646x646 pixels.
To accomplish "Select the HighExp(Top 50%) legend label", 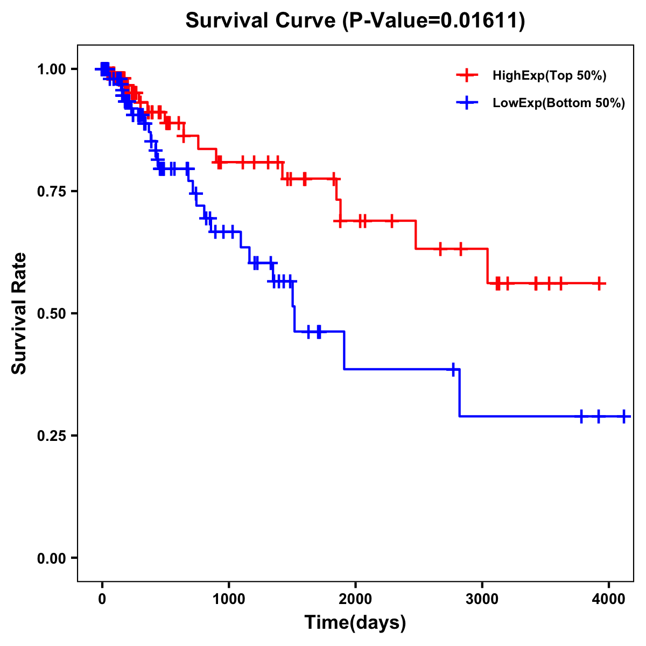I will [549, 76].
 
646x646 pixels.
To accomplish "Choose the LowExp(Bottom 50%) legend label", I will [558, 103].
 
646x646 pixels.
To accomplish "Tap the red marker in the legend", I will [467, 76].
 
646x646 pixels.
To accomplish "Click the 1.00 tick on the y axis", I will [51, 69].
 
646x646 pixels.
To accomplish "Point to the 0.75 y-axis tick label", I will [51, 191].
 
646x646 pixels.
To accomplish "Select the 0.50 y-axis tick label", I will [51, 313].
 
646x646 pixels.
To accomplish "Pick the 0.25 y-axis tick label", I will [51, 436].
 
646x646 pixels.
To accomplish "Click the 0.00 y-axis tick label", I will [51, 558].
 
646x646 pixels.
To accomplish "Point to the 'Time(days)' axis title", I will [355, 623].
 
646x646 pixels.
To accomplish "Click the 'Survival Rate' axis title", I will [19, 313].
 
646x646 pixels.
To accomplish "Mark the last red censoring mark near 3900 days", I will [599, 283].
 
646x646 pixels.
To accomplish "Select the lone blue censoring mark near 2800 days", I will [453, 369].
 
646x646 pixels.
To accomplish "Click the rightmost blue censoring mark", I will [624, 416].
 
